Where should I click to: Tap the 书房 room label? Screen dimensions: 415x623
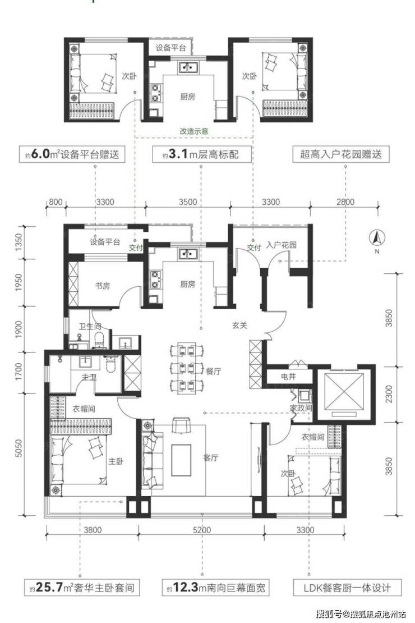(103, 285)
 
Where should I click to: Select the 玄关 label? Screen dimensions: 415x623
(240, 326)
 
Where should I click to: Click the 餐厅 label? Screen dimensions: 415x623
(213, 371)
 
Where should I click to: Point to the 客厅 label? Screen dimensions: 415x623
(210, 458)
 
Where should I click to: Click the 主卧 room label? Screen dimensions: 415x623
(116, 461)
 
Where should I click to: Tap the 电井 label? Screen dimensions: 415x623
(288, 376)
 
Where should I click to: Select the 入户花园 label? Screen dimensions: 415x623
(281, 245)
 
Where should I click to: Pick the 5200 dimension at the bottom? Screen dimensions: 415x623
(202, 530)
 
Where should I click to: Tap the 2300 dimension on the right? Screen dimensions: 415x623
(389, 394)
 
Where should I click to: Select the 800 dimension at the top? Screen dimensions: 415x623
(56, 202)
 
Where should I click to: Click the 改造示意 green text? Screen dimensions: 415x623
(194, 131)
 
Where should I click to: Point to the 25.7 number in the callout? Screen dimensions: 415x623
(50, 587)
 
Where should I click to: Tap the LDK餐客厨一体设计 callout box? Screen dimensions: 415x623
(347, 587)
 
